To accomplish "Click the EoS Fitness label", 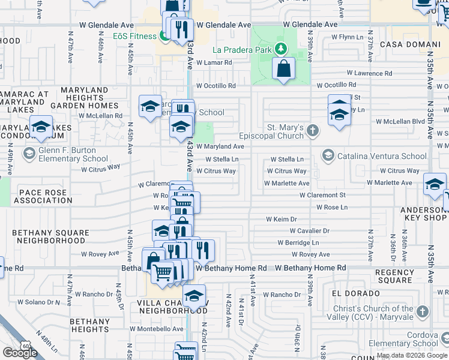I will (x=135, y=36).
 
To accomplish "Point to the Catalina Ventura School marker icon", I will (x=328, y=156).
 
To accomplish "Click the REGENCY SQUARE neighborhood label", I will (x=394, y=276).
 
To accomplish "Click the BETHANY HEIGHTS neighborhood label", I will (x=89, y=325).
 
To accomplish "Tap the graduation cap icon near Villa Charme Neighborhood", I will (x=194, y=296).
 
